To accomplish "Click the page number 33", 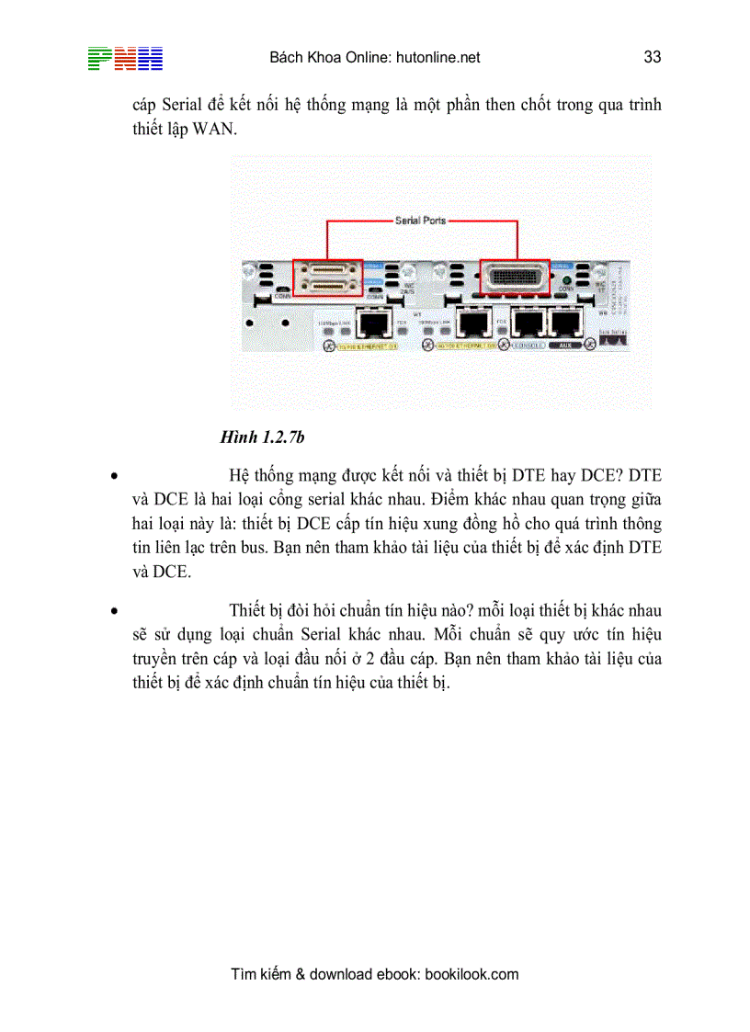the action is pyautogui.click(x=653, y=57).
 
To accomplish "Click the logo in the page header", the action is pyautogui.click(x=125, y=59).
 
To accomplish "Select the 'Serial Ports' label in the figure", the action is pyautogui.click(x=420, y=221).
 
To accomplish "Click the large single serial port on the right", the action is pyautogui.click(x=515, y=276).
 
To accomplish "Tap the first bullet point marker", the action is pyautogui.click(x=113, y=477).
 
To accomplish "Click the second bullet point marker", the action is pyautogui.click(x=113, y=610).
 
